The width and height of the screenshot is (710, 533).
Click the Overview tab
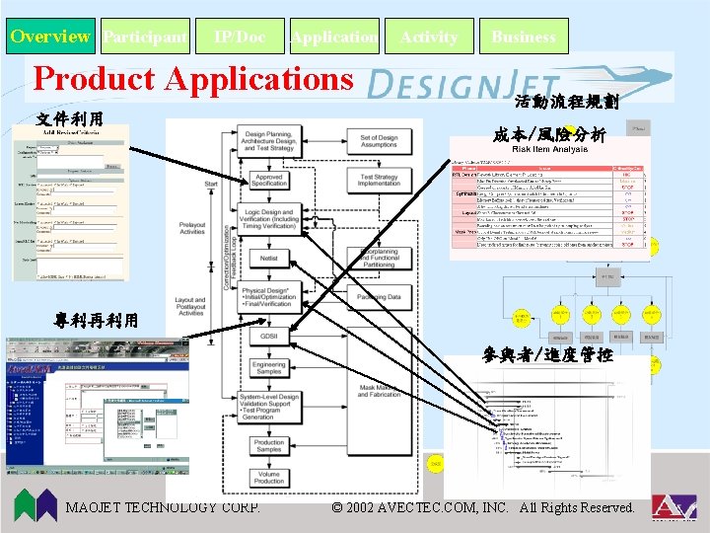(49, 38)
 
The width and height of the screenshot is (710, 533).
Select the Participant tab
(144, 38)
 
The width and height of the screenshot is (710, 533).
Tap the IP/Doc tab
(240, 38)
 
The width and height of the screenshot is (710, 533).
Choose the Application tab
(334, 38)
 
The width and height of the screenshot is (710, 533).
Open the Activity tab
(429, 38)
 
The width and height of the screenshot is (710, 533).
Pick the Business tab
(524, 38)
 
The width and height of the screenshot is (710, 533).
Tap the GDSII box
(269, 337)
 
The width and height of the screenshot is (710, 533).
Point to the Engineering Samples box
(269, 367)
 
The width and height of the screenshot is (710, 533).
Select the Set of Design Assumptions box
(379, 140)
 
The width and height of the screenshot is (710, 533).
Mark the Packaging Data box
(379, 297)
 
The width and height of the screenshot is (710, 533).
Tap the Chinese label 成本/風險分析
(548, 134)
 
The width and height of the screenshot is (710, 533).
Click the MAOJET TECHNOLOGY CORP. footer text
(163, 507)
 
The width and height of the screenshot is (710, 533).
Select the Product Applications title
(193, 79)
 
